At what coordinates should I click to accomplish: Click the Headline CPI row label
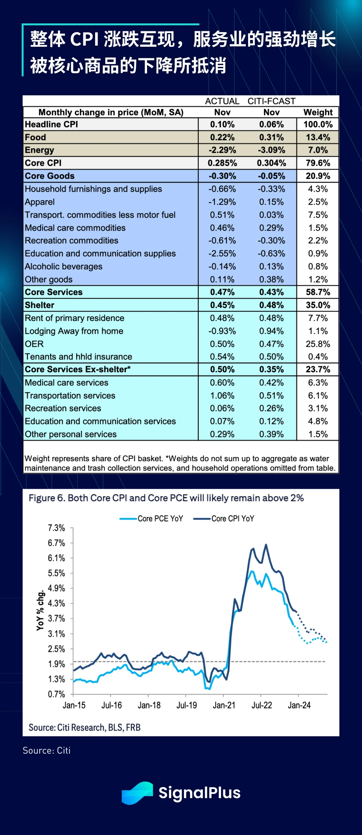coord(51,124)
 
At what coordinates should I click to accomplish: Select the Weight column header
coord(318,112)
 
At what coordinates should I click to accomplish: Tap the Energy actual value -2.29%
coord(222,150)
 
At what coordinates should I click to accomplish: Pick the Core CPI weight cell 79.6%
coord(318,163)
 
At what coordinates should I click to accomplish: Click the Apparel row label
coord(40,202)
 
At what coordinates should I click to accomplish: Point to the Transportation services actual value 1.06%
coord(222,396)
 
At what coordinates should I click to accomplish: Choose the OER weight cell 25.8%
coord(318,344)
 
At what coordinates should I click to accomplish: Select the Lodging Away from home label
coord(74,331)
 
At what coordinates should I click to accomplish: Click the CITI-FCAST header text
coord(271,101)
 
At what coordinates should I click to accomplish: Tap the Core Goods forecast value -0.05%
coord(271,176)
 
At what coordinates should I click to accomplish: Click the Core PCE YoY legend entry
coord(152,518)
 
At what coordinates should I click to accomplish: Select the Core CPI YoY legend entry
coord(224,518)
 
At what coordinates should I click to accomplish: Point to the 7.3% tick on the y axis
coord(57,528)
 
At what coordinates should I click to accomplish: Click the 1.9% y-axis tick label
coord(57,664)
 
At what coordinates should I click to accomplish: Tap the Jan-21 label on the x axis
coord(224,705)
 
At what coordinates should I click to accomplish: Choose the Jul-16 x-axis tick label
coord(112,705)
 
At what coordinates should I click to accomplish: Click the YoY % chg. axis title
coord(40,610)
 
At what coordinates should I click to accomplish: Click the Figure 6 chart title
coord(166,498)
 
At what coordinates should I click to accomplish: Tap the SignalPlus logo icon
coord(137,793)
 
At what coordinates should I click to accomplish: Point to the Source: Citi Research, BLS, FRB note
coord(84,728)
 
